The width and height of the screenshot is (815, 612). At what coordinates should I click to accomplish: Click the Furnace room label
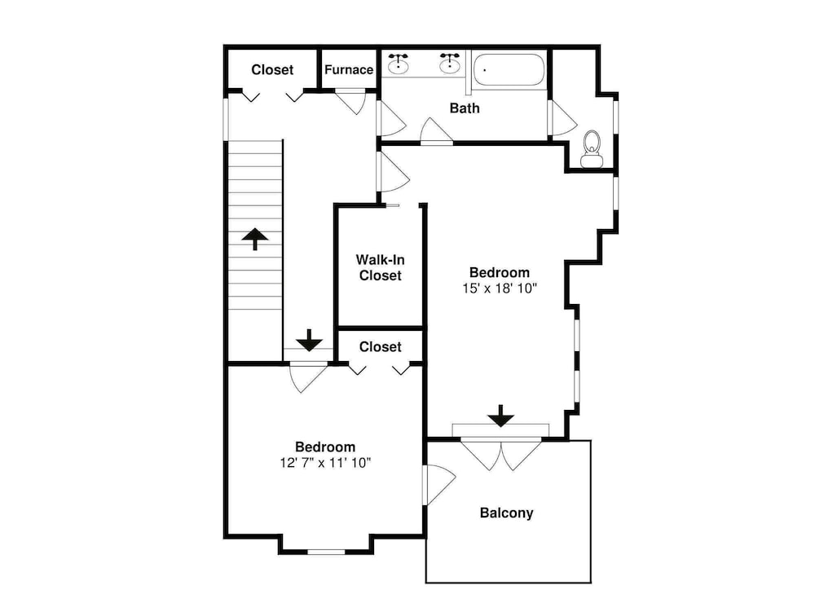point(349,69)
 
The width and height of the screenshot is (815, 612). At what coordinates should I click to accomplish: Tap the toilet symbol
point(592,148)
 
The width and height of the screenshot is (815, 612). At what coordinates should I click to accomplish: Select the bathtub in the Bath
point(509,69)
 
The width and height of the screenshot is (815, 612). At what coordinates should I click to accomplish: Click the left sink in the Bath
point(399,63)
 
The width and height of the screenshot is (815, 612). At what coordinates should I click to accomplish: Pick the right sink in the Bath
point(450,63)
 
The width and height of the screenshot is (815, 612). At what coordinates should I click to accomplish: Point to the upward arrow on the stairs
point(255,239)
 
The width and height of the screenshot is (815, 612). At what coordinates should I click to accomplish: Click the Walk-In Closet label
point(381,267)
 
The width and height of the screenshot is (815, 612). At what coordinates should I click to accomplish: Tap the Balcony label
point(506,513)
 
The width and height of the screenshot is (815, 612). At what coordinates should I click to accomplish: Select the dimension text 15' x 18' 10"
point(500,288)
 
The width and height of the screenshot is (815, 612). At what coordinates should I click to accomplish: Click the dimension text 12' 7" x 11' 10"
point(325,462)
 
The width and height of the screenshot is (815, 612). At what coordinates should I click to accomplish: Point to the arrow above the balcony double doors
point(501,416)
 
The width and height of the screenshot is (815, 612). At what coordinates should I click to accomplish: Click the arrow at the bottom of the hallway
point(310,341)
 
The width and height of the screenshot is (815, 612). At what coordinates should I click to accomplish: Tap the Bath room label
point(465,108)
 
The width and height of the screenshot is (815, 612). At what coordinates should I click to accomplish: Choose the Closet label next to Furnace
point(272,69)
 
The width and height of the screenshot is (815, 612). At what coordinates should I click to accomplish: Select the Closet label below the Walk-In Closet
point(381,346)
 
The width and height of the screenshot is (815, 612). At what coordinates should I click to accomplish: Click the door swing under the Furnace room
point(351,102)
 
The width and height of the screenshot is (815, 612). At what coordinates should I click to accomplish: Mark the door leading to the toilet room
point(562,118)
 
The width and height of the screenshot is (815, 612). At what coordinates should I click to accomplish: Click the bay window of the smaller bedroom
point(326,552)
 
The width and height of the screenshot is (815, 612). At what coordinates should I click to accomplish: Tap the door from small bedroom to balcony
point(439,485)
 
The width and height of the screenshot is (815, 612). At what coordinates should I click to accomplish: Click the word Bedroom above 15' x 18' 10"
point(500,272)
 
